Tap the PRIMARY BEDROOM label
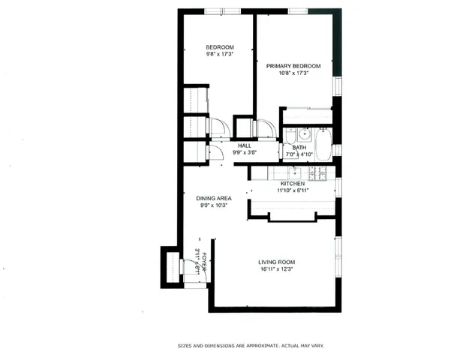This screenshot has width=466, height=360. coord(293,66)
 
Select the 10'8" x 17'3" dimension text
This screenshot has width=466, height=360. coord(293,73)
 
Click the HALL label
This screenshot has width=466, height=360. coord(245,145)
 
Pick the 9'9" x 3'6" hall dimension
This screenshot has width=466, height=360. coord(245,152)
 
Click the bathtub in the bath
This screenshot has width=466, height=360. coord(323,145)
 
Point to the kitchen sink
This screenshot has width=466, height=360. coord(296,172)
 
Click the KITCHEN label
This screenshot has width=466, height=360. coord(293,184)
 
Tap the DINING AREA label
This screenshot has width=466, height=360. coord(214,198)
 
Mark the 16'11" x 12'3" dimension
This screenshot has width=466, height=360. coord(278,269)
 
